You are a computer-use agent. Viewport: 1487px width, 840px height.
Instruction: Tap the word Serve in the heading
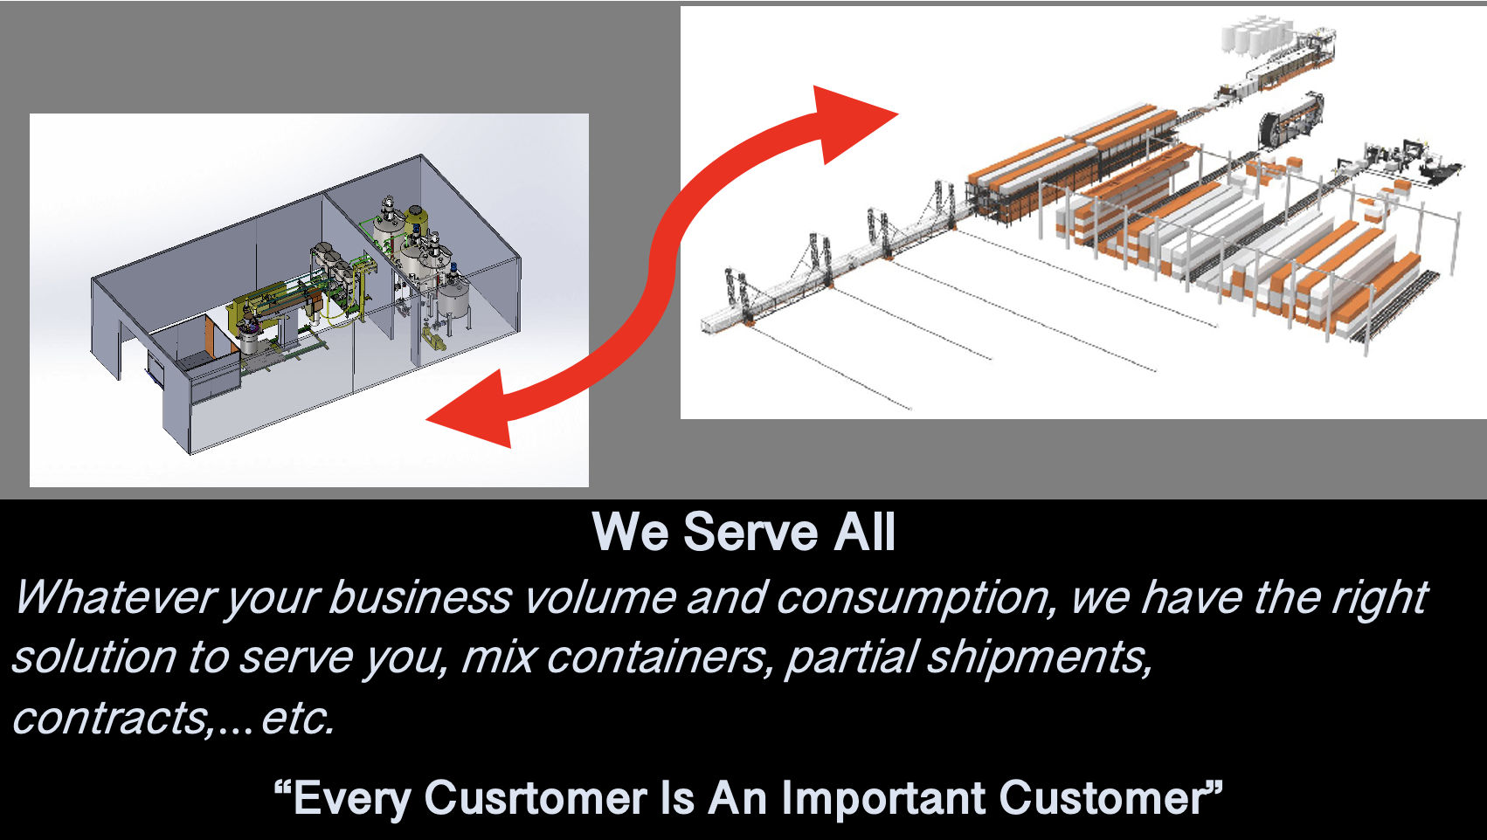pos(750,532)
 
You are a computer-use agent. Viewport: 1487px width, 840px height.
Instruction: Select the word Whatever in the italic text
pos(116,598)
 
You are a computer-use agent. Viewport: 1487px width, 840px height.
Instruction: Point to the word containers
pos(657,658)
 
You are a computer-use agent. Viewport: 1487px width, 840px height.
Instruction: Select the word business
pos(420,598)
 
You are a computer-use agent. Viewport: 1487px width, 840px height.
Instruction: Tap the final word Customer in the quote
pos(1103,798)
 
